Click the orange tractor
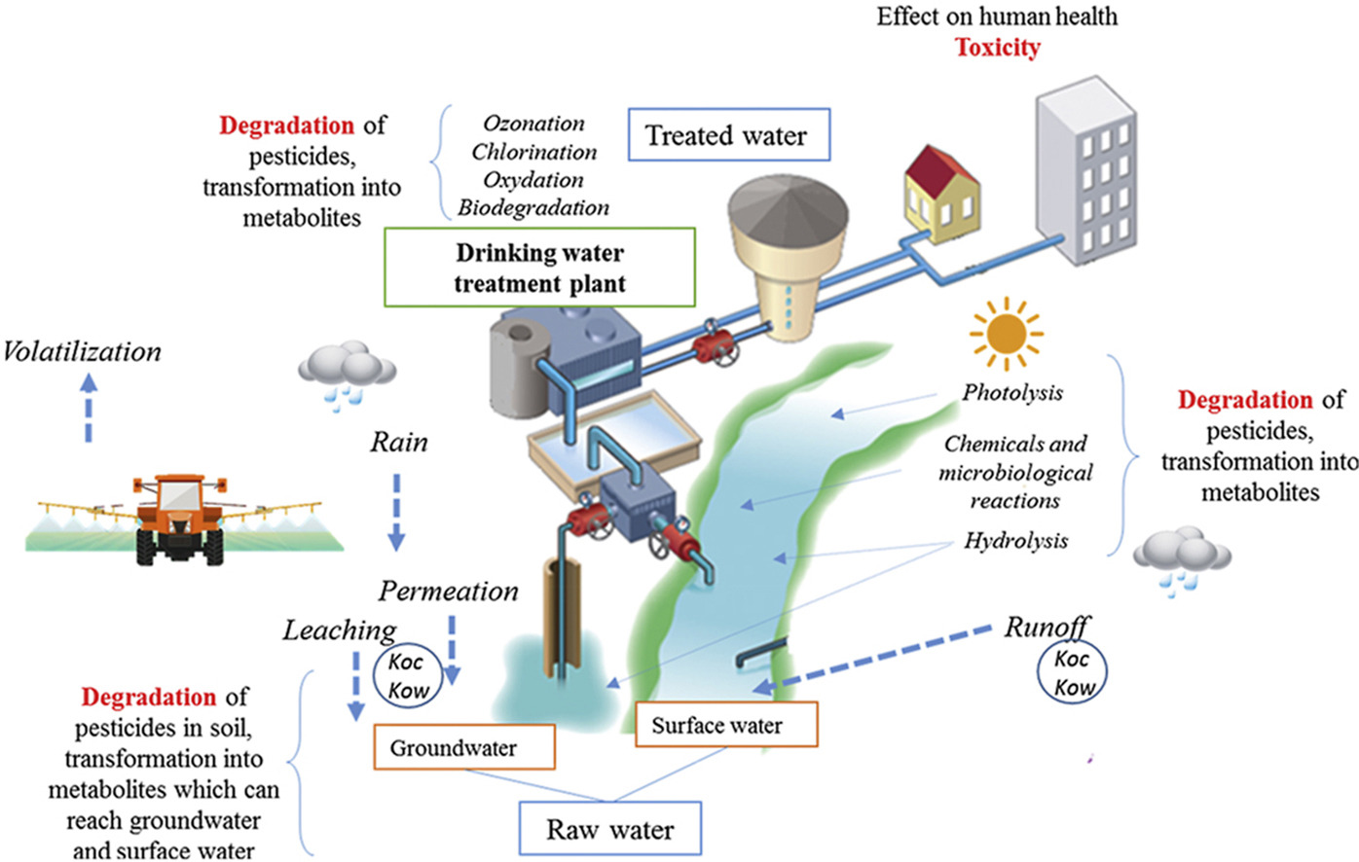click(x=179, y=515)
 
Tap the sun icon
click(x=1006, y=335)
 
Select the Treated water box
click(x=728, y=135)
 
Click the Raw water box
click(x=609, y=829)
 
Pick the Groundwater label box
click(x=463, y=748)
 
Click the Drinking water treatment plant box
click(x=539, y=268)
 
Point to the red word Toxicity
click(x=997, y=47)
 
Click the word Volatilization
click(x=82, y=351)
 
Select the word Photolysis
click(x=1012, y=392)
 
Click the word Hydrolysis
click(x=1015, y=540)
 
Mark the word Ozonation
click(x=533, y=124)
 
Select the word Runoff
click(x=1047, y=628)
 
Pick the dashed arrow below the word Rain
click(x=396, y=512)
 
